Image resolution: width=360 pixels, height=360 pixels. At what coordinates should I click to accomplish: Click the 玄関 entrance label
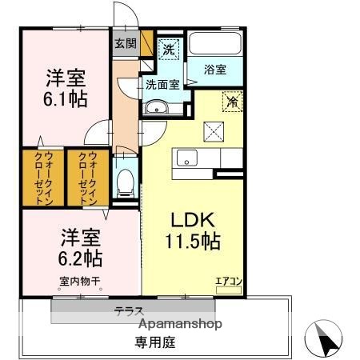click(124, 43)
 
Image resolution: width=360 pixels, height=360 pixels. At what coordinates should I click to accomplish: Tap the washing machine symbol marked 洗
click(169, 49)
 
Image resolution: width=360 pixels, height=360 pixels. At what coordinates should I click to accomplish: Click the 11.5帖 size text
click(193, 240)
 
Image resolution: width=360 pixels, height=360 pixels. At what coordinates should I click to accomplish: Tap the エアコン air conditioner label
click(227, 281)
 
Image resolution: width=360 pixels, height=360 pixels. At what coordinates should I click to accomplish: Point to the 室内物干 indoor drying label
click(79, 281)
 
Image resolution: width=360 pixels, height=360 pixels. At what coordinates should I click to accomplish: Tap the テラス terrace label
click(128, 310)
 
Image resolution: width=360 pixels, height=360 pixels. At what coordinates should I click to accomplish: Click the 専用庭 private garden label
click(155, 342)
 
